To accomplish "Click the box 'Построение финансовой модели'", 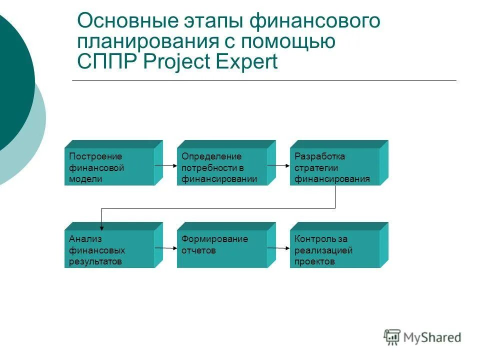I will (109, 167).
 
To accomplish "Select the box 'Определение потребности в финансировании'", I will (222, 167).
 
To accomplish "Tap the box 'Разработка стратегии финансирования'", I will (334, 167).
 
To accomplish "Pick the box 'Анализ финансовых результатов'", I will (109, 249).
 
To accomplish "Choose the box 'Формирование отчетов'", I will (222, 249).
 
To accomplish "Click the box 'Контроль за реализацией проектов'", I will (334, 249).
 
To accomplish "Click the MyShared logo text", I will (433, 338).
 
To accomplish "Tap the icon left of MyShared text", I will (392, 337).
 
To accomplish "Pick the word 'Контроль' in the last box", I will (311, 239).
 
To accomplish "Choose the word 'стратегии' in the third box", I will (316, 167).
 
